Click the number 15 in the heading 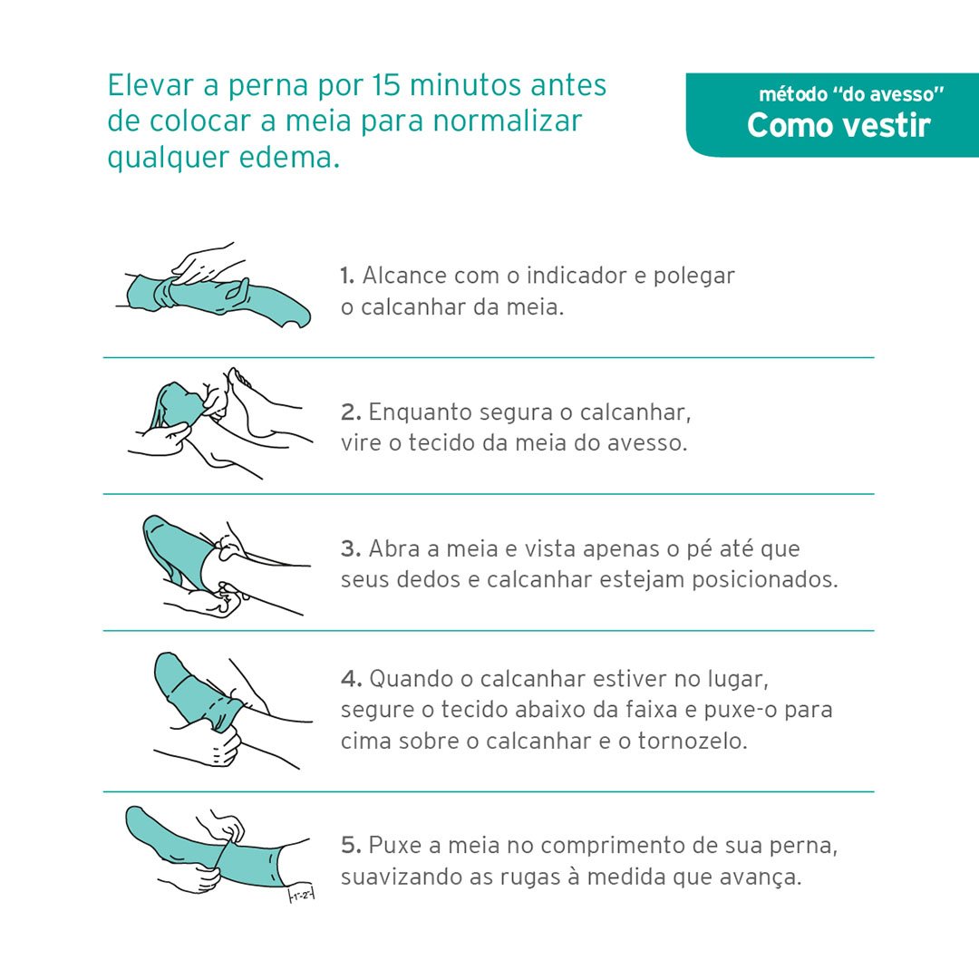click(x=386, y=85)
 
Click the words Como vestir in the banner click(x=838, y=125)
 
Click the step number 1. click(x=347, y=276)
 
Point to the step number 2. click(x=351, y=412)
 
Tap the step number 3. click(x=351, y=548)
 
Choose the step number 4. click(x=352, y=679)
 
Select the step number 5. click(x=351, y=846)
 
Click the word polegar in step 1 click(x=693, y=276)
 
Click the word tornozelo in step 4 click(x=692, y=742)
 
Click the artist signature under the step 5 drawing click(x=301, y=895)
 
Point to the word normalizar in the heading click(x=508, y=121)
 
